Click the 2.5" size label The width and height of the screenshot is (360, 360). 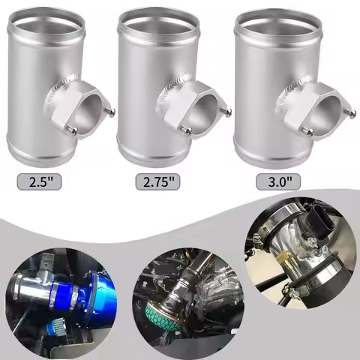(39, 181)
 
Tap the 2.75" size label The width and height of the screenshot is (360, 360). (157, 181)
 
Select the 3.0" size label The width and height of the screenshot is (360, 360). (278, 181)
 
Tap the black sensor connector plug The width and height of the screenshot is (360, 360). (316, 218)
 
